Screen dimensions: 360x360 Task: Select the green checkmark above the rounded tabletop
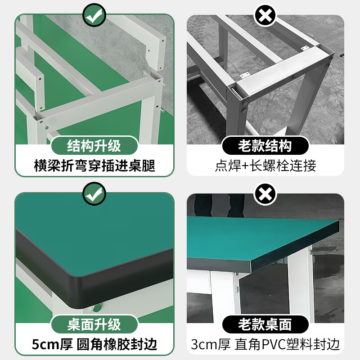coord(94,193)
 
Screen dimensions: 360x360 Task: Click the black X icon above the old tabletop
coord(265,193)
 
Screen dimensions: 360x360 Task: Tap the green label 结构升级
coord(94,146)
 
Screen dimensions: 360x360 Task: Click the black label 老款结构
coord(265,146)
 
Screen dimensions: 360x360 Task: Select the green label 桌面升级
coord(94,324)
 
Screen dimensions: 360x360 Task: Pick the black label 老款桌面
coord(265,324)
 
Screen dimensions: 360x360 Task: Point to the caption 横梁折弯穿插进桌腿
coord(94,166)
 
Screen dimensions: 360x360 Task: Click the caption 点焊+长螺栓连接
coord(265,166)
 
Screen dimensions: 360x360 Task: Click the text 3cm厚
coord(210,345)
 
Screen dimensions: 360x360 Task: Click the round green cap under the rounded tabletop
coord(96,309)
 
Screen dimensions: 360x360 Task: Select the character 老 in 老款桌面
coord(246,324)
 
